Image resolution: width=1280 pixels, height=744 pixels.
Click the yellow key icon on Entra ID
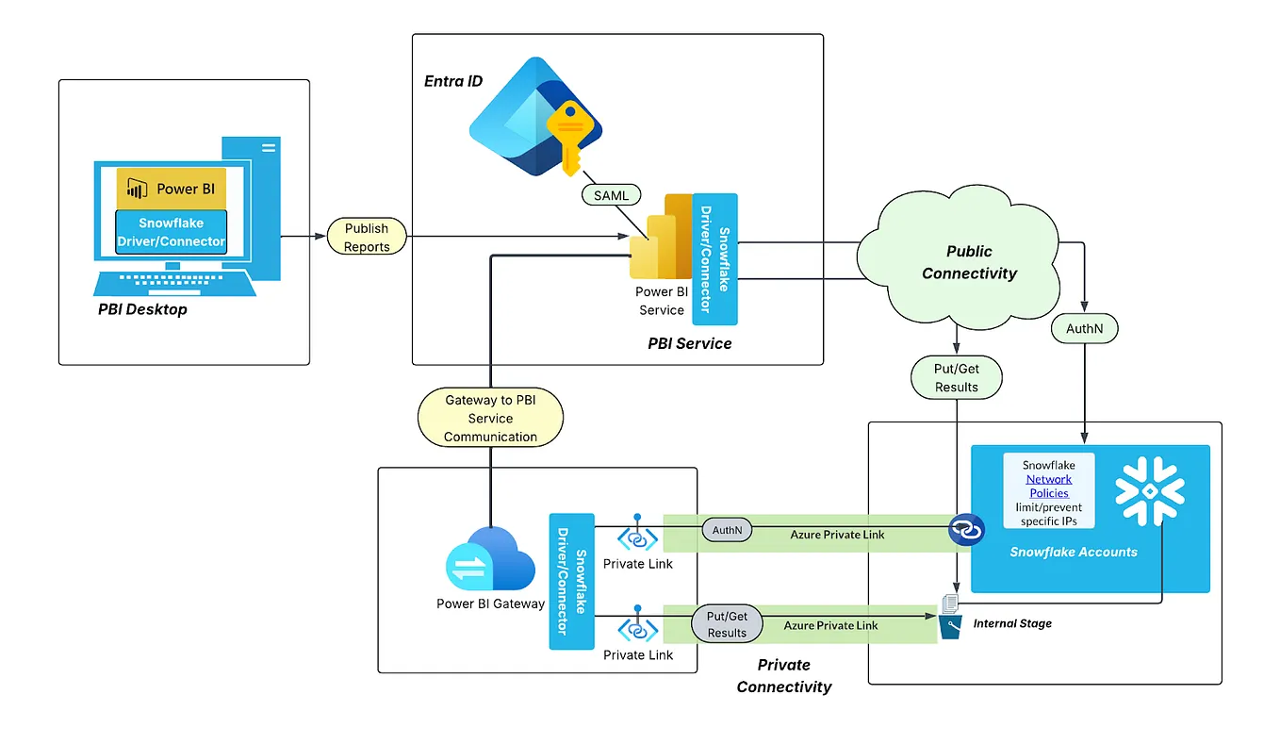[x=567, y=136]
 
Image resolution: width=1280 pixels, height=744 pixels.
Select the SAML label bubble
[x=610, y=196]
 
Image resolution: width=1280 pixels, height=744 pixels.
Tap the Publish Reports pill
[x=367, y=237]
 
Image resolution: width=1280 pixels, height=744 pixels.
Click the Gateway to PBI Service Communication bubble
[x=490, y=418]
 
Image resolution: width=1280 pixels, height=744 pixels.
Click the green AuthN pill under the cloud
[x=1085, y=329]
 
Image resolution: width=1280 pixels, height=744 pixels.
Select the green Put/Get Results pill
[x=956, y=378]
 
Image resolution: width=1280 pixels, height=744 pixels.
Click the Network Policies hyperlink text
[x=1048, y=486]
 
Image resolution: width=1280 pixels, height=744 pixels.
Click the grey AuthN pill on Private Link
[x=727, y=531]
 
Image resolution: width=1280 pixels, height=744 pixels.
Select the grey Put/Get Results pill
[x=727, y=624]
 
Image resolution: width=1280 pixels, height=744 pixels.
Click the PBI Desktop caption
[x=142, y=309]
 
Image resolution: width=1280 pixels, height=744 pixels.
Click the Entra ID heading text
[x=453, y=81]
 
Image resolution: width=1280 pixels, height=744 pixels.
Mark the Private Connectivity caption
[x=784, y=676]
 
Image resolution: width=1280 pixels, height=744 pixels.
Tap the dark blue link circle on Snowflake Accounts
[x=966, y=531]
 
